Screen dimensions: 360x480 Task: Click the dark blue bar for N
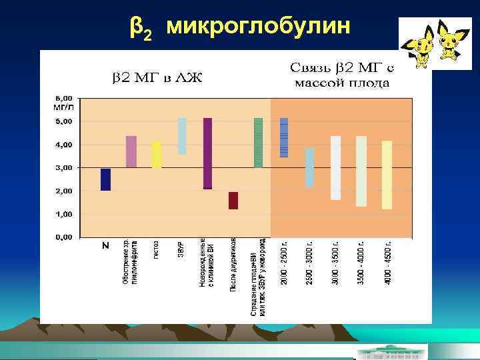[x=105, y=179]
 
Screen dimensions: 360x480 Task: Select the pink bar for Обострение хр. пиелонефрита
[x=131, y=151]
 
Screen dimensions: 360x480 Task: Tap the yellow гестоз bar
[x=157, y=154]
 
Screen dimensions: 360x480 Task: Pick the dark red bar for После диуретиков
[x=233, y=201]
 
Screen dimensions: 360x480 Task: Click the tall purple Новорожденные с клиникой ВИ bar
[x=207, y=153]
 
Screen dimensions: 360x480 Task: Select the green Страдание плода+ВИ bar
[x=259, y=142]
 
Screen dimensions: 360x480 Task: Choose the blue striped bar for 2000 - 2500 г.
[x=284, y=137]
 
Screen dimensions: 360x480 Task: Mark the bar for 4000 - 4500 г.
[x=387, y=175]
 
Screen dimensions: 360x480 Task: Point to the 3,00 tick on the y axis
[x=64, y=167]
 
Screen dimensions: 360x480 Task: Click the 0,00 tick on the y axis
[x=64, y=237]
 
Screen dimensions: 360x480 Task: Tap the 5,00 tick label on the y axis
[x=64, y=121]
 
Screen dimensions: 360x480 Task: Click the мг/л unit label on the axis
[x=63, y=106]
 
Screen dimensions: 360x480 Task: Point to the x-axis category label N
[x=105, y=245]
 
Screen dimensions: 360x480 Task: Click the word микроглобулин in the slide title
[x=257, y=26]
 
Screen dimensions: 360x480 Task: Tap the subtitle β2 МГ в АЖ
[x=150, y=79]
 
